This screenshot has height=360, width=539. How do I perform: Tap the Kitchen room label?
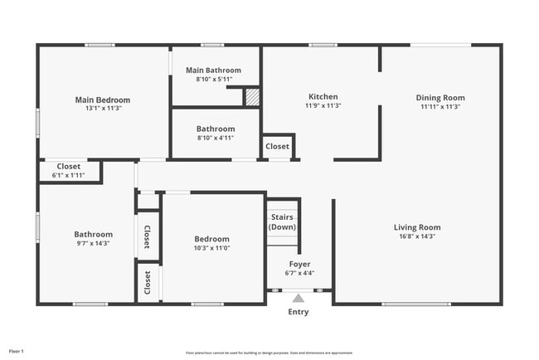pos(323,96)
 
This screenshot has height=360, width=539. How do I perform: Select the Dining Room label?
pos(439,97)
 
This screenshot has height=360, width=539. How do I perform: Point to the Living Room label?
pos(416,227)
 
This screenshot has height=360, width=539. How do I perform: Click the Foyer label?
pos(299,264)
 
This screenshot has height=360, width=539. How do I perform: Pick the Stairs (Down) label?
pos(283,222)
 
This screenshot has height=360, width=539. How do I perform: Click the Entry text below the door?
pos(298,312)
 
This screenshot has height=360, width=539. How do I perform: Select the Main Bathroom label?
pos(213,71)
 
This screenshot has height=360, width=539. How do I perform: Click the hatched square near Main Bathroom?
pos(252,97)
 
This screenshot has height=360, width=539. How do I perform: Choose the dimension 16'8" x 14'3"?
pos(416,236)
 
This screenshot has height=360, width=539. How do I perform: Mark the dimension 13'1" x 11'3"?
pos(104,109)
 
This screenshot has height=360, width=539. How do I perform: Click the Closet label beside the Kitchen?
pos(277,147)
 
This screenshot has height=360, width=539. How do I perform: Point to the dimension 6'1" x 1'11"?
pos(68,175)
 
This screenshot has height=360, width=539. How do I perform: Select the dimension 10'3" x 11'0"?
pos(211,248)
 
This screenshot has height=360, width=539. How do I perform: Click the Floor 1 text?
pos(17,351)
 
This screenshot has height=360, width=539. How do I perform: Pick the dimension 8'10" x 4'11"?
pos(216,139)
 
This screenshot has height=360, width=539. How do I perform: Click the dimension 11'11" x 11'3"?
pos(439,106)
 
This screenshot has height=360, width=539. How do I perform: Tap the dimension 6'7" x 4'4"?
pos(299,273)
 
